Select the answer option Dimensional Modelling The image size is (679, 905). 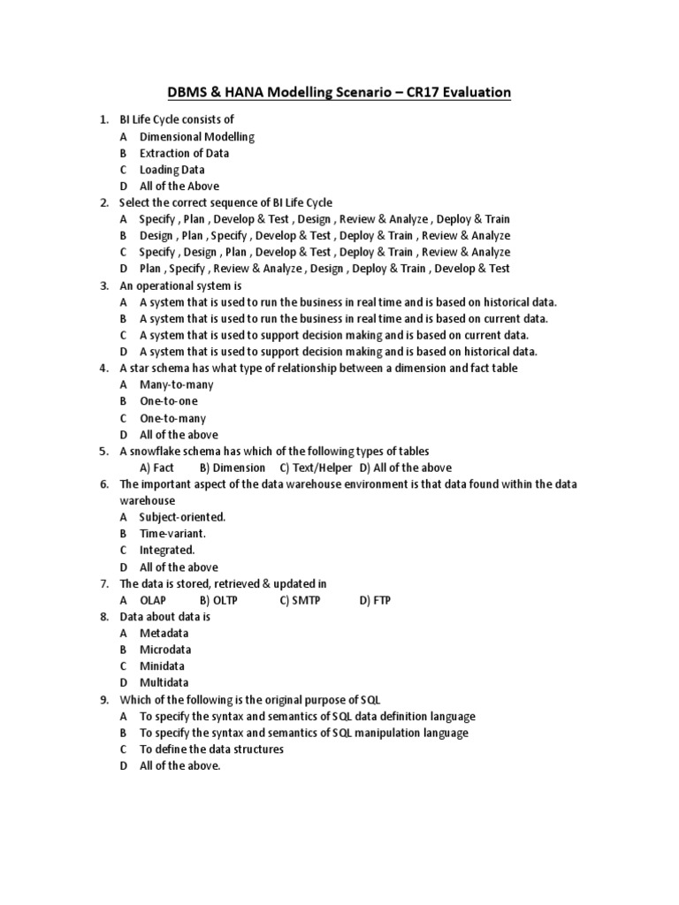coord(196,136)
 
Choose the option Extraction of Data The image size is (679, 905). coord(184,153)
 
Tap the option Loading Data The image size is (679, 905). coord(172,170)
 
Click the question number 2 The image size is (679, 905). coord(103,202)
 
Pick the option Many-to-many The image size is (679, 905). coord(176,384)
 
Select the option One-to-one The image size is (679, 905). coord(168,401)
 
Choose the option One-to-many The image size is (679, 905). coord(172,418)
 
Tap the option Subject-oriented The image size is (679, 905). coord(182,517)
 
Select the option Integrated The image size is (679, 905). coord(166,551)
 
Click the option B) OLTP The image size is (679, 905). coord(220,600)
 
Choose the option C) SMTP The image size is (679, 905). coord(300,600)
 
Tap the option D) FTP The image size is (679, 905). coord(375,600)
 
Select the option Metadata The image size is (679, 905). coord(164,633)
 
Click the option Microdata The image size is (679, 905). coord(165,650)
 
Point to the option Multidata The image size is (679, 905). coord(165,683)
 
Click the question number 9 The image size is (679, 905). coord(103,699)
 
